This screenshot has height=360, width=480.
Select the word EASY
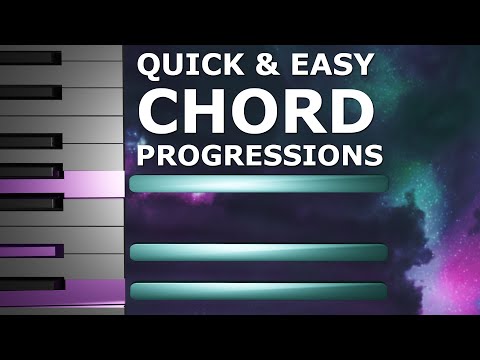pyautogui.click(x=326, y=66)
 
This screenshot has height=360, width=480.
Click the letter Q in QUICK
pyautogui.click(x=147, y=67)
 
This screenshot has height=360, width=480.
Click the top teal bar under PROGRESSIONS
pyautogui.click(x=258, y=184)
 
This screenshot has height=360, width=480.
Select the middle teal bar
pyautogui.click(x=258, y=252)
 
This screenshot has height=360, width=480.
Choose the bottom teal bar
pyautogui.click(x=258, y=291)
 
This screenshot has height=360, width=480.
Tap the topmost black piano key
pyautogui.click(x=30, y=59)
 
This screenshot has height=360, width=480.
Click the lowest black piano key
pyautogui.click(x=30, y=284)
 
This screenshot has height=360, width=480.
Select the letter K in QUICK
pyautogui.click(x=228, y=66)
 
